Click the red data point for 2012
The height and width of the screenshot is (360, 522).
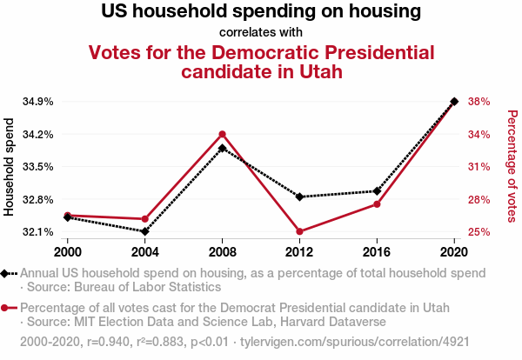(x=299, y=231)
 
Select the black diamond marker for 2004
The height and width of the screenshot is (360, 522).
(x=145, y=231)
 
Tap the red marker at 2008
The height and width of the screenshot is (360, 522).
(x=223, y=134)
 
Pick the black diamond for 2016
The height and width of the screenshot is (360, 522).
(x=377, y=191)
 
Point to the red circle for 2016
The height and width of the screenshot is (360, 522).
(x=377, y=204)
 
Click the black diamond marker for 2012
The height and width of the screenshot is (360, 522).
(x=299, y=197)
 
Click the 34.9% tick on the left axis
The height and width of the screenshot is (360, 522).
(x=37, y=102)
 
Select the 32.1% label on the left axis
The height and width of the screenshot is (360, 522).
(x=37, y=232)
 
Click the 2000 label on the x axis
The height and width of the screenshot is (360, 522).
(x=68, y=252)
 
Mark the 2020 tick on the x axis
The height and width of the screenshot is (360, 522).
(x=454, y=252)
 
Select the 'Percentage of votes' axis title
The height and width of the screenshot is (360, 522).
(x=512, y=165)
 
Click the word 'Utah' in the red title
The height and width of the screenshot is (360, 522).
(x=311, y=72)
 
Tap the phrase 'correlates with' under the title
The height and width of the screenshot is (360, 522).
(x=261, y=33)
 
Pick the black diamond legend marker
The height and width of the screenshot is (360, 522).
(x=6, y=273)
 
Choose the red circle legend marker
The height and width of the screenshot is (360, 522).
(x=6, y=308)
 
